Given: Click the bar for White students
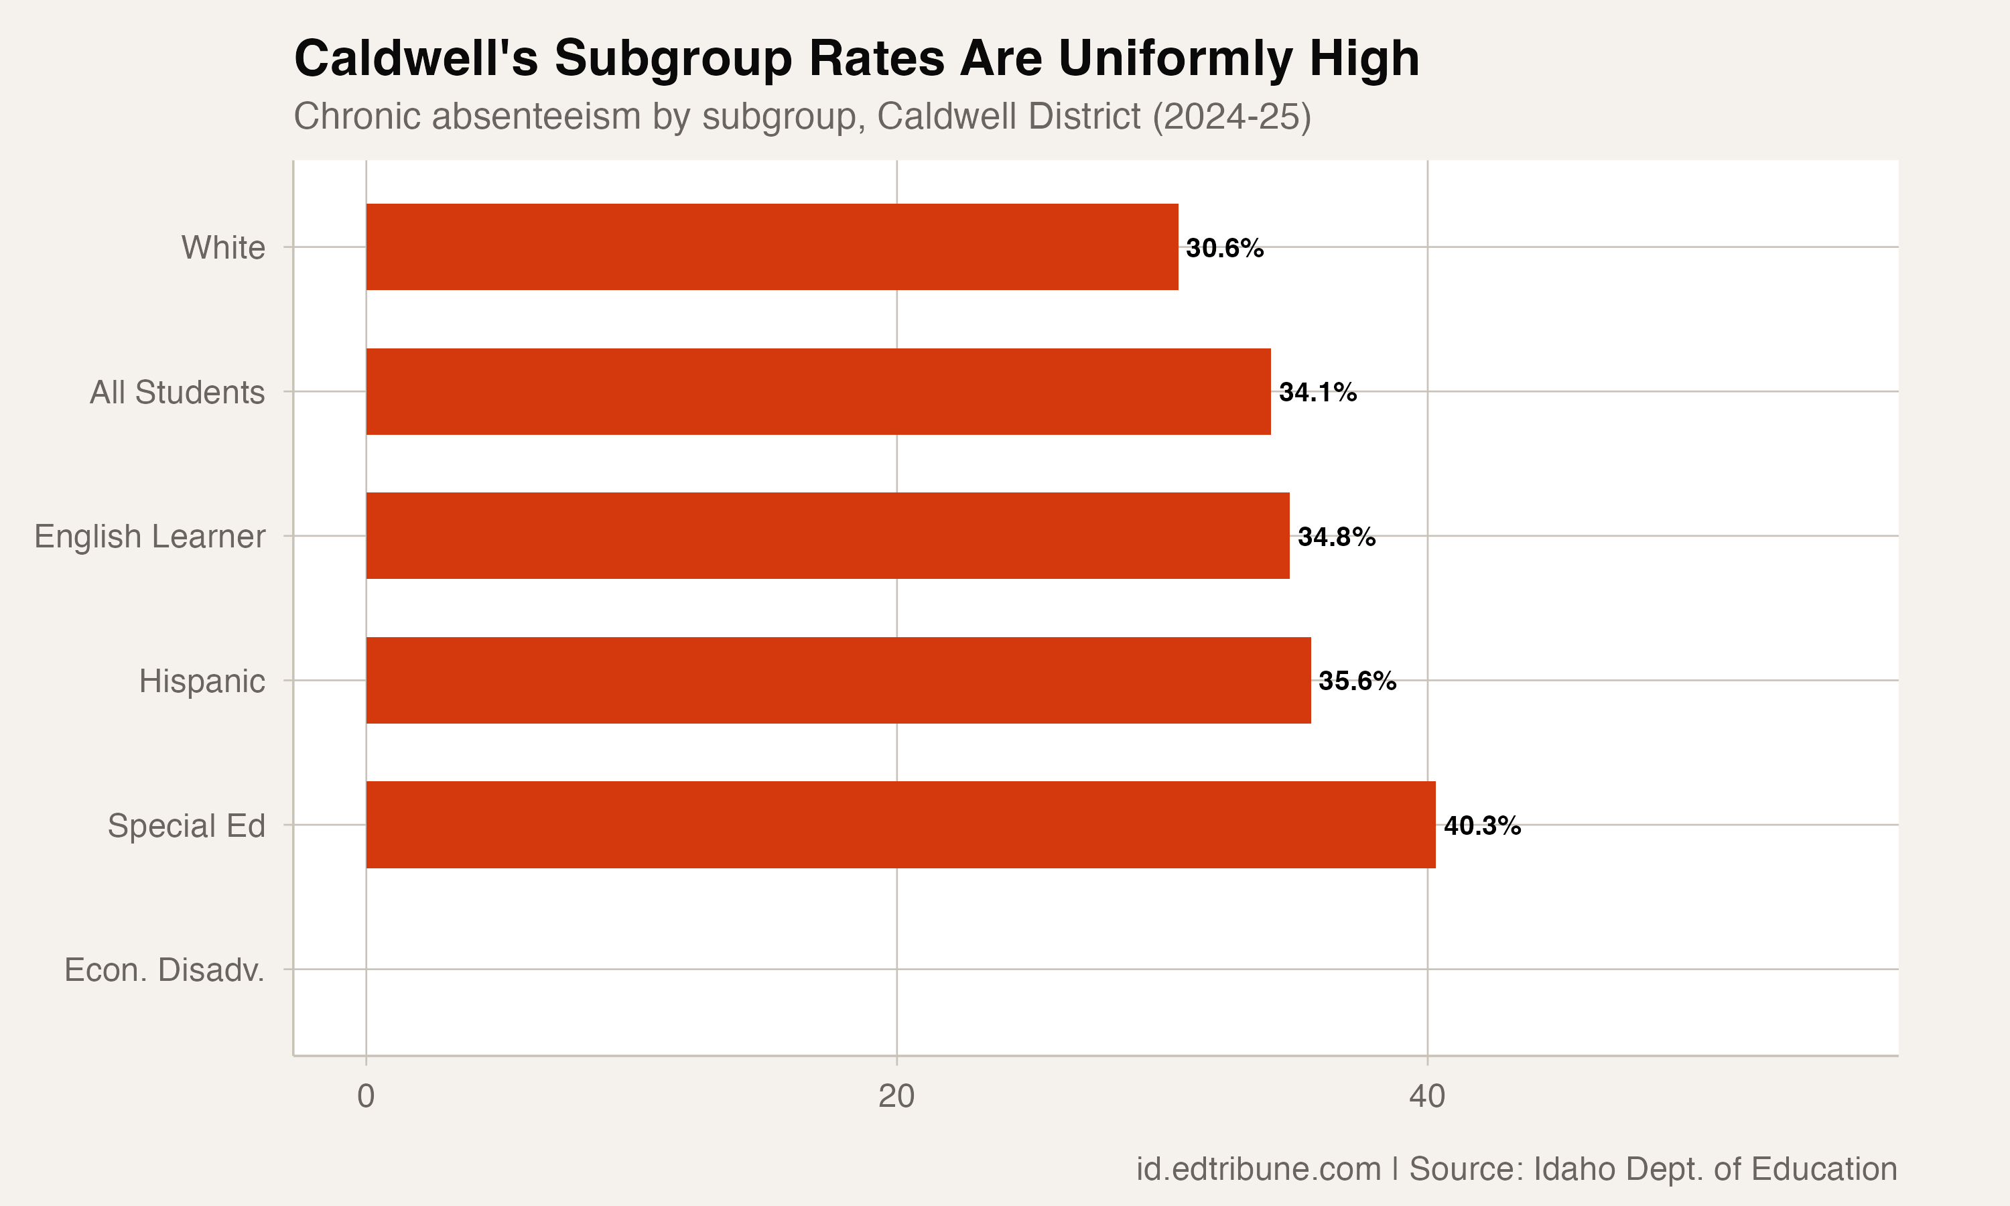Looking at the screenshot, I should (x=772, y=247).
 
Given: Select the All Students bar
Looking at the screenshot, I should (x=818, y=392).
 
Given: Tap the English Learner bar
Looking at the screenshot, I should (x=827, y=535).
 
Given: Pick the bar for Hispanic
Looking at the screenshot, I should (x=837, y=680).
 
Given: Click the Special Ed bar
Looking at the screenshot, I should (x=900, y=825).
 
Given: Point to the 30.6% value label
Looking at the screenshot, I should (x=1224, y=248).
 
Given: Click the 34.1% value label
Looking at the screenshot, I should (x=1317, y=393).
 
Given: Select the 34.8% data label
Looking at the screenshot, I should (x=1336, y=537).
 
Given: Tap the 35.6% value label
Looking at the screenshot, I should (x=1357, y=681).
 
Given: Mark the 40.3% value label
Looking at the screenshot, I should (x=1482, y=825).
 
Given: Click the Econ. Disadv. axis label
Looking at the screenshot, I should (x=164, y=969).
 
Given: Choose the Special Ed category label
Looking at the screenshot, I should (x=186, y=825).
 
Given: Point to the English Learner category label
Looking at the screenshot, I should (x=149, y=537).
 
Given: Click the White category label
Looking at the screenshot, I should (x=222, y=248).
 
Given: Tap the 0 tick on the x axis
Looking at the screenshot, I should (x=366, y=1096).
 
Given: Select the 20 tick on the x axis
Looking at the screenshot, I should (x=896, y=1096).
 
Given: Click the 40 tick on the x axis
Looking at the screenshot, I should (x=1426, y=1096).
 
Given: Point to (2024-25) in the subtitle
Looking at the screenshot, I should (x=1231, y=116).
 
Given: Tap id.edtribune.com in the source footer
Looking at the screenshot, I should (x=1258, y=1168).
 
